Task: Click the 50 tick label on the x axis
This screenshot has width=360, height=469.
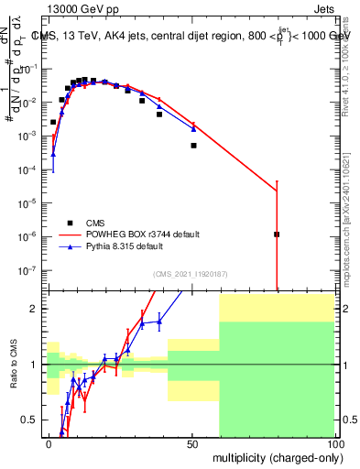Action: pos(192,443)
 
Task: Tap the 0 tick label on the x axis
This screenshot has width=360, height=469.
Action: pos(49,443)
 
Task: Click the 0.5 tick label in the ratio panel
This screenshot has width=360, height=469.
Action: pos(31,420)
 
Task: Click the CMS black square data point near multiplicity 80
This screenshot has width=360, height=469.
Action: pos(277,234)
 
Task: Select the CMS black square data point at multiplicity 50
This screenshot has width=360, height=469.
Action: pos(193,146)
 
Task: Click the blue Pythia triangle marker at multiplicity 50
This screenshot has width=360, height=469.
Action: pos(193,128)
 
